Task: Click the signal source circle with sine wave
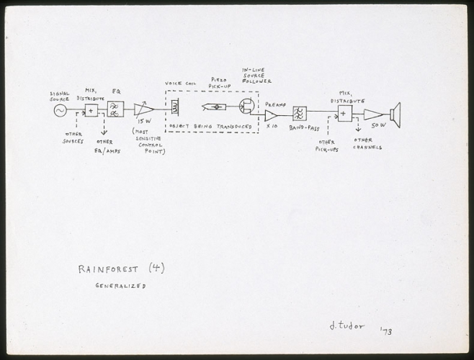pos(59,110)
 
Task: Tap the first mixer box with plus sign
pos(91,110)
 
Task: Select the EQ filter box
pos(115,109)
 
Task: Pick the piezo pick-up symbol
pos(215,107)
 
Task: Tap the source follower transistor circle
pos(246,107)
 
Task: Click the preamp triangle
pos(271,115)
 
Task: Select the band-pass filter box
pos(299,114)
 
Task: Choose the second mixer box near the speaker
pos(344,114)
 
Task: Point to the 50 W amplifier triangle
pos(372,114)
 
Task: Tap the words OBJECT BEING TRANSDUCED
pos(210,126)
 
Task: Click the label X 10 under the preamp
pos(272,127)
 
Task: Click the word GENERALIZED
pos(120,286)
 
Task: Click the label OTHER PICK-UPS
pos(326,146)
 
